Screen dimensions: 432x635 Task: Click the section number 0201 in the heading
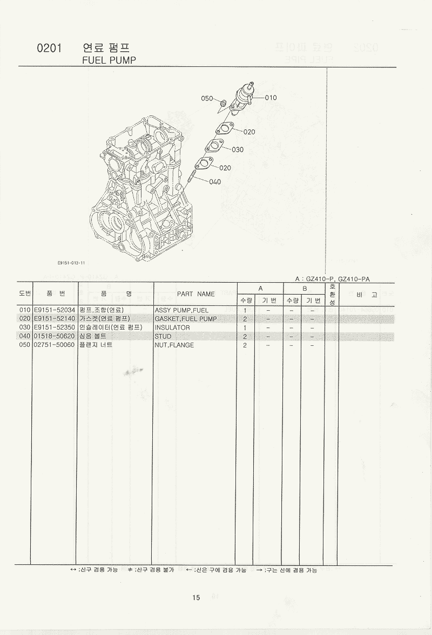(49, 48)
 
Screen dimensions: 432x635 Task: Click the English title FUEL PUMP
(109, 60)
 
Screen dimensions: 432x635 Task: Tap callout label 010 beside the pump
(271, 98)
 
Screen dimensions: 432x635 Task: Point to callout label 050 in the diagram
(207, 98)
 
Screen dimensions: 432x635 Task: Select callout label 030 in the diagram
(238, 150)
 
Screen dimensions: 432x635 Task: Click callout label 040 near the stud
(215, 182)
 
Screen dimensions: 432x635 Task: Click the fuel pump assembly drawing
(243, 97)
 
